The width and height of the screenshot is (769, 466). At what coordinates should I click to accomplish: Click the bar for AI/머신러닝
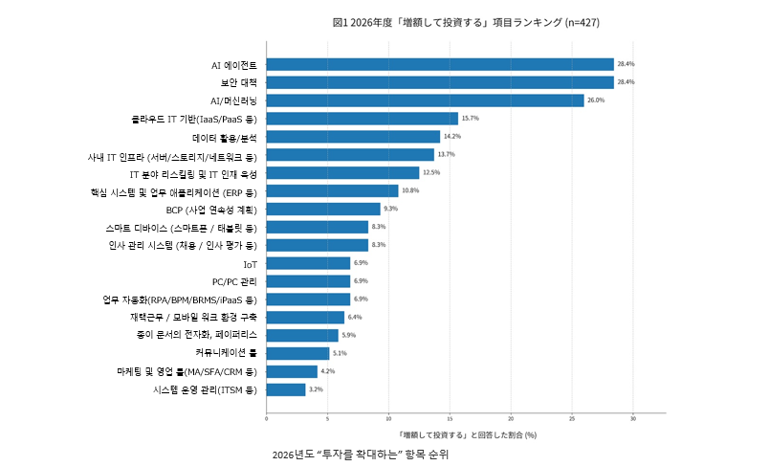click(425, 100)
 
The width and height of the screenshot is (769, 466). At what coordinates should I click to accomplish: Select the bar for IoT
click(308, 263)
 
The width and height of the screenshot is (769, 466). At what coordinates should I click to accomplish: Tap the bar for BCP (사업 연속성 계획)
click(323, 209)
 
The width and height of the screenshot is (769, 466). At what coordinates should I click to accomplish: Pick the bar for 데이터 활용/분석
click(353, 137)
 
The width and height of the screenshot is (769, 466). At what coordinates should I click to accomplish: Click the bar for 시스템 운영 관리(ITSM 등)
click(286, 389)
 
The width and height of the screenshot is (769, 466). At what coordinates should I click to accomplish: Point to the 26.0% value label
click(596, 100)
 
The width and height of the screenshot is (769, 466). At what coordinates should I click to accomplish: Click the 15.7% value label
click(470, 119)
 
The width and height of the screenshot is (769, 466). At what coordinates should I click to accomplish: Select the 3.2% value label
click(317, 389)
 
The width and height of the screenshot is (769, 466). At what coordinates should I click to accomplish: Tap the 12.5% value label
click(430, 173)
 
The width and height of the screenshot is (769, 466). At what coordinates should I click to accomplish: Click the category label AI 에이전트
click(233, 65)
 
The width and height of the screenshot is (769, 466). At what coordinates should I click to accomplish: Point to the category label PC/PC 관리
click(234, 281)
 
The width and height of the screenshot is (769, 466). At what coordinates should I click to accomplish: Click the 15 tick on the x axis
click(450, 418)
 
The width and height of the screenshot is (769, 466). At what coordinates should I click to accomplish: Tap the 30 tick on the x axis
click(633, 418)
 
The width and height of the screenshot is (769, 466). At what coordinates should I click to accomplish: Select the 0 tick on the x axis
click(266, 418)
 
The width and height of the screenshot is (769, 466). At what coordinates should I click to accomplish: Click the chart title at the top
click(466, 22)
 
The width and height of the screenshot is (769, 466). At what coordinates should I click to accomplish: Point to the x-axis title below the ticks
click(466, 434)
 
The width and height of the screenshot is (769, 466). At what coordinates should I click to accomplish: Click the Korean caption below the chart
click(360, 455)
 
